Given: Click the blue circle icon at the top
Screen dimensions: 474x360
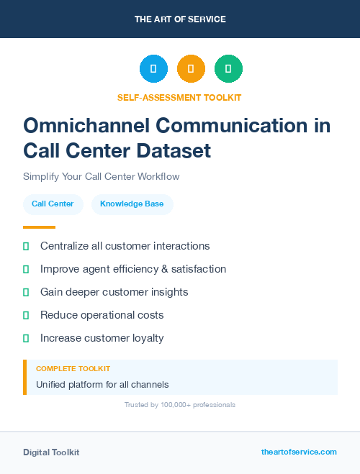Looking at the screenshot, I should click(153, 68).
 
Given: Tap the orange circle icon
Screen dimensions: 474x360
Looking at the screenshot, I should click(191, 68).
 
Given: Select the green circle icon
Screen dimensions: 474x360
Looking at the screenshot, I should click(228, 68).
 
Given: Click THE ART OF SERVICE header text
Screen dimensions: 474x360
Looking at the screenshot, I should click(180, 19).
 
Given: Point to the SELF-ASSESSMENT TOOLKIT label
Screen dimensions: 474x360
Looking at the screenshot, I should click(179, 97).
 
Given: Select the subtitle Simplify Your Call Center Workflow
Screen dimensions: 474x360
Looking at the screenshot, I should click(101, 176).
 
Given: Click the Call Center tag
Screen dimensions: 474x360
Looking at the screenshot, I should click(53, 204).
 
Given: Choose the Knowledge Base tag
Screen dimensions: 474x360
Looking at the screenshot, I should click(132, 204).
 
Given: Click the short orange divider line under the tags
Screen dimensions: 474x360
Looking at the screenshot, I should click(39, 227).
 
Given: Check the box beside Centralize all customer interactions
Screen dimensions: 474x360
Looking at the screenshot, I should click(26, 246).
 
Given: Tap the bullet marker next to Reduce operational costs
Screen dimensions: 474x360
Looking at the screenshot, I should click(26, 315).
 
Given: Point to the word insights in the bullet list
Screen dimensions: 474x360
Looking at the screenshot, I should click(166, 292).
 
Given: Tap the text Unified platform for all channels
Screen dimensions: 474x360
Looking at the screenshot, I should click(102, 384).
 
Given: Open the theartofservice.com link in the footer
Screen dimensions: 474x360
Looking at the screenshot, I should click(299, 452).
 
